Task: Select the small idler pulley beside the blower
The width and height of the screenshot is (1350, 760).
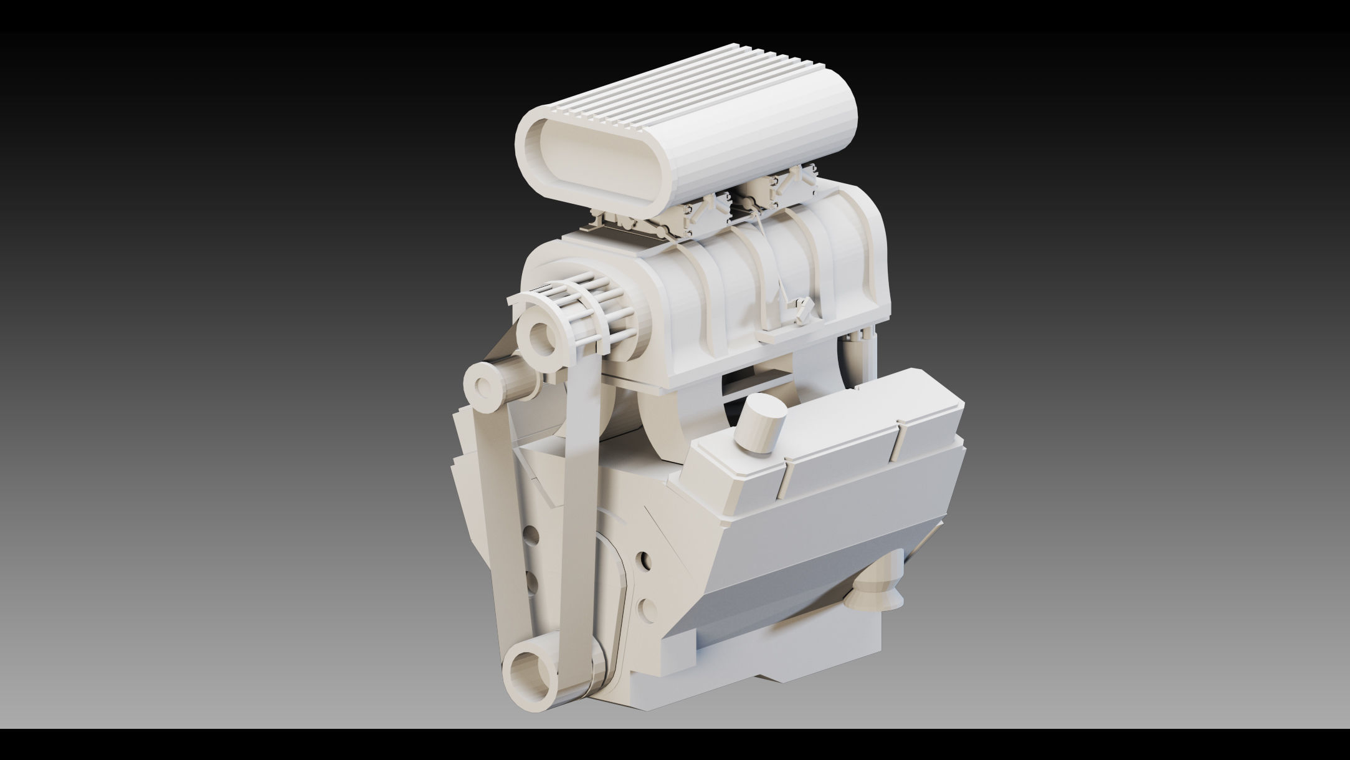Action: click(x=483, y=387)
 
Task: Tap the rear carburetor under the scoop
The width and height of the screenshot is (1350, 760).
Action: click(x=788, y=187)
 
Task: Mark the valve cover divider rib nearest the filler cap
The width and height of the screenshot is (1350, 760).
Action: click(x=786, y=480)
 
